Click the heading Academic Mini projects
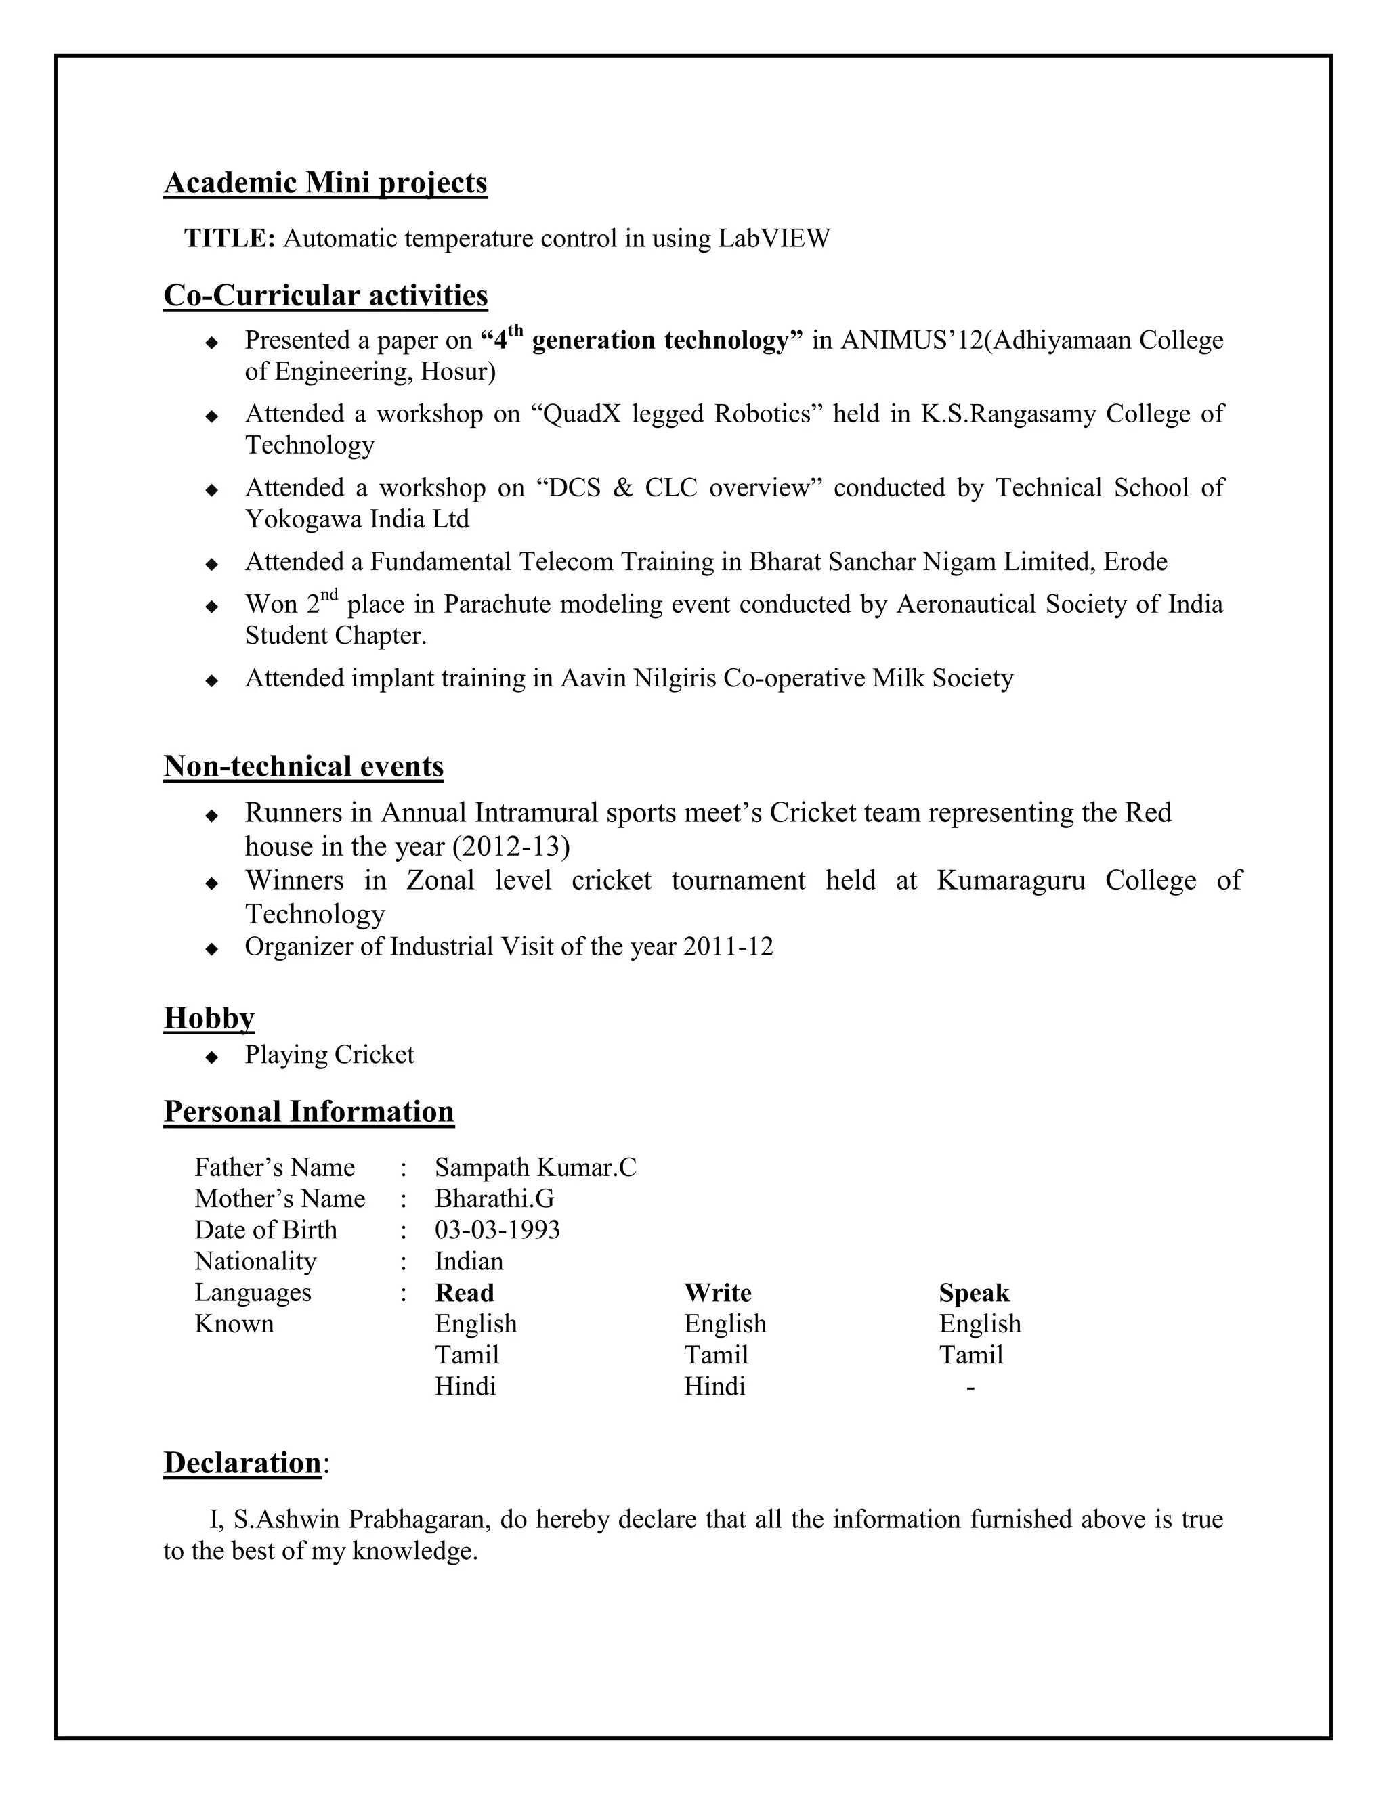[325, 182]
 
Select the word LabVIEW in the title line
[773, 238]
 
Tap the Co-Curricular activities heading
[325, 295]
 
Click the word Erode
[1135, 562]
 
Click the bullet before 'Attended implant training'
[212, 680]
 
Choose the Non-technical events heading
[303, 766]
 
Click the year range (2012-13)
[510, 847]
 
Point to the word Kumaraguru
[1010, 881]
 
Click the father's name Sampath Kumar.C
[535, 1167]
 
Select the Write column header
[717, 1293]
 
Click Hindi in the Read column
[465, 1386]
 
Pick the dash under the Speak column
[970, 1387]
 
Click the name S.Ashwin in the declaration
[286, 1520]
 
